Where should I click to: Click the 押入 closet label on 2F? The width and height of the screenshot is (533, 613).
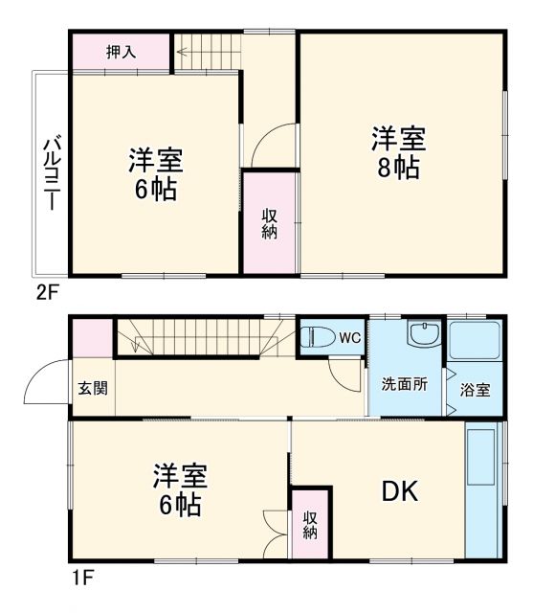point(121,52)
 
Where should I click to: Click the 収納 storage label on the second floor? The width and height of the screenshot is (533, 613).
point(270,221)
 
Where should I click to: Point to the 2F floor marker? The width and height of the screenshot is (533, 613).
point(49,293)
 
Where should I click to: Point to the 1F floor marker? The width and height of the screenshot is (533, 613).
point(81,579)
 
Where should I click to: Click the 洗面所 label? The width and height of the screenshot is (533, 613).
point(405,385)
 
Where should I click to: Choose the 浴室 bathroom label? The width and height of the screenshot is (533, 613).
point(475,390)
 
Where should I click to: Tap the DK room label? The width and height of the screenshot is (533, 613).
point(400,491)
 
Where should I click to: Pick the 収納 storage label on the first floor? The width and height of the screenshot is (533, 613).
point(310,525)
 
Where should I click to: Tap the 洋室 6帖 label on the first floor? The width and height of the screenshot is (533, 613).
point(179,490)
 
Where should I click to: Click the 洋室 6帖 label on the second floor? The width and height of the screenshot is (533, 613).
point(156,174)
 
